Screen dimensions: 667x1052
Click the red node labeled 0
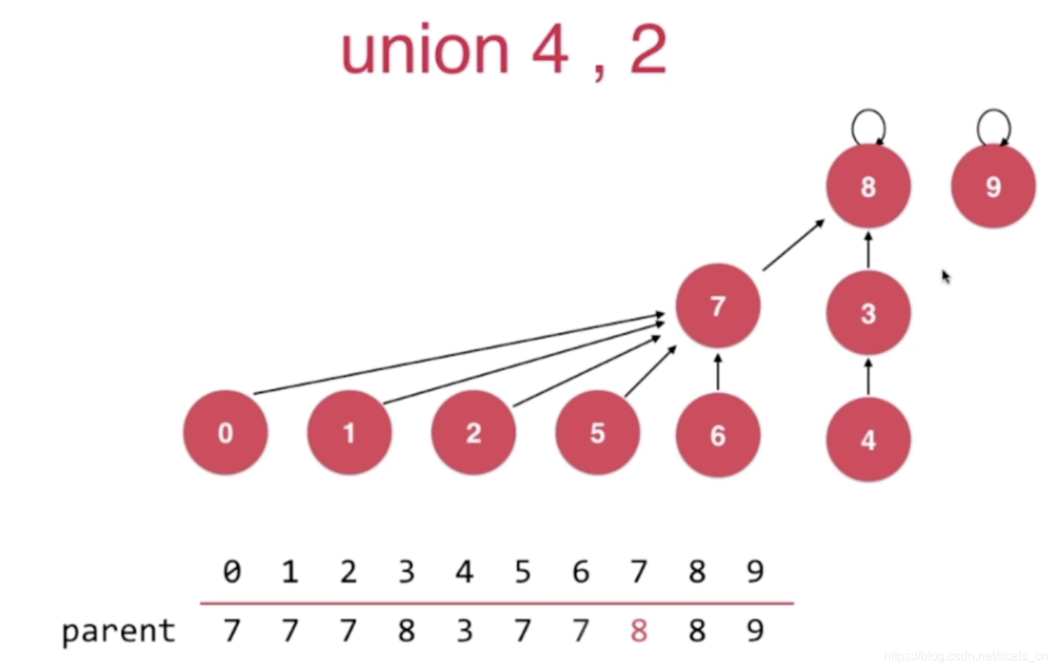[x=225, y=432]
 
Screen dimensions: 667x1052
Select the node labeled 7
[x=718, y=306]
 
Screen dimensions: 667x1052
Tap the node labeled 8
[x=868, y=186]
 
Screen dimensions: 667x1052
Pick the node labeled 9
[x=993, y=186]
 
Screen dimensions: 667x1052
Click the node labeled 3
[x=868, y=313]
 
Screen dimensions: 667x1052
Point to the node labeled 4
[x=868, y=439]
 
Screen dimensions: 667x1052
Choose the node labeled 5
[x=597, y=433]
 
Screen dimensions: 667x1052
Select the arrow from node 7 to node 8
[x=793, y=245]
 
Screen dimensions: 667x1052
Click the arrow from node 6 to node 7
[x=718, y=373]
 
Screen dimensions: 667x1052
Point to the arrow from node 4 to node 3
[x=868, y=377]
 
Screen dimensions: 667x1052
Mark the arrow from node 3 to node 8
[x=868, y=251]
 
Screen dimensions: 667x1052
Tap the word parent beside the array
[x=119, y=632]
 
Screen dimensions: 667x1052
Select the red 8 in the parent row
[x=639, y=631]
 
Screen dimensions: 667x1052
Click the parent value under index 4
[x=464, y=631]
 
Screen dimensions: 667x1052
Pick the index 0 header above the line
[x=232, y=572]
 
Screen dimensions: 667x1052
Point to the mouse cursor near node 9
[x=946, y=276]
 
